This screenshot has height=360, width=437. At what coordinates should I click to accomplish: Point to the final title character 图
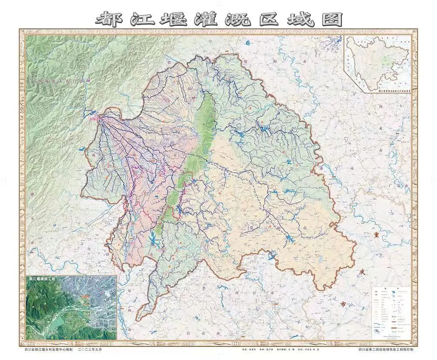pyautogui.click(x=328, y=19)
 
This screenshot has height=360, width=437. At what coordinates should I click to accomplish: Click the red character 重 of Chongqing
pyautogui.click(x=375, y=235)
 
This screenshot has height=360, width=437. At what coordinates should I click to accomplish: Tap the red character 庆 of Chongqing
pyautogui.click(x=361, y=271)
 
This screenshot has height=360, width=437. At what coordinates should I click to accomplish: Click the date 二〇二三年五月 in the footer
pyautogui.click(x=92, y=350)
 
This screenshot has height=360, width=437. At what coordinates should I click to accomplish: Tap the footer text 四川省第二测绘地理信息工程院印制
pyautogui.click(x=385, y=350)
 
